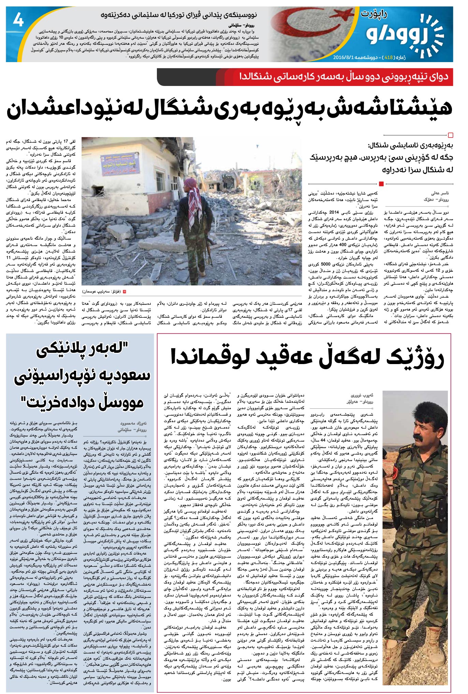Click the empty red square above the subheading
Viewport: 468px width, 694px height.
[450, 135]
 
